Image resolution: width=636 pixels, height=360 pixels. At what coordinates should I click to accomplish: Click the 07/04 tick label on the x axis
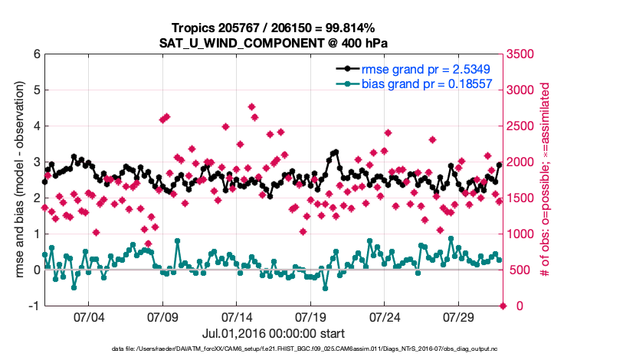[88, 316]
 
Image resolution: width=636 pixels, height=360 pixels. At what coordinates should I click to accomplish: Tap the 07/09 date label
[162, 316]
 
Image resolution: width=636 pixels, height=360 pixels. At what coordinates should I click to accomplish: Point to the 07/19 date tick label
[310, 316]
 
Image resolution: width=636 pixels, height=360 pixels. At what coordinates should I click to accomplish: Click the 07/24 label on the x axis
[385, 316]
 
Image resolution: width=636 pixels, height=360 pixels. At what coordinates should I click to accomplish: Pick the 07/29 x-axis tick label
[458, 316]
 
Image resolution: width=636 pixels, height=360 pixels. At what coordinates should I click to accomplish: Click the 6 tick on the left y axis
[36, 54]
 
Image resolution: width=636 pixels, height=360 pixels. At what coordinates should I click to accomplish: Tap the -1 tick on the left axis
[34, 306]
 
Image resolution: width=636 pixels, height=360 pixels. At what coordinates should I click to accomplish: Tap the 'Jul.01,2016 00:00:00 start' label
[274, 334]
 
